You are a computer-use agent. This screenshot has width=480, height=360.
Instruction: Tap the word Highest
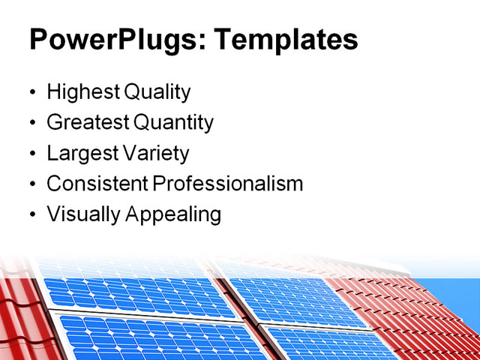[x=82, y=93]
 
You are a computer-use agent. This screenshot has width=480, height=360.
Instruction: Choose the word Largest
[x=80, y=154]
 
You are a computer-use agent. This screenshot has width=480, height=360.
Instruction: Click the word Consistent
[x=97, y=184]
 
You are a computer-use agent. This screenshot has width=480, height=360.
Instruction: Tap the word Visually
[x=83, y=214]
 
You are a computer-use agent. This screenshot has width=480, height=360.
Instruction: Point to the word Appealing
[x=173, y=215]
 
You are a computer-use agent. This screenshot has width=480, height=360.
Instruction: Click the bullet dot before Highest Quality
[x=32, y=94]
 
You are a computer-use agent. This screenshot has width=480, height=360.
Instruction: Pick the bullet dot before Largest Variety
[x=32, y=154]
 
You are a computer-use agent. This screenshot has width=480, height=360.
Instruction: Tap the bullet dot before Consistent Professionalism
[x=32, y=184]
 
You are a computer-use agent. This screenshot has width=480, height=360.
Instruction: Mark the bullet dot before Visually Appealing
[x=32, y=215]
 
